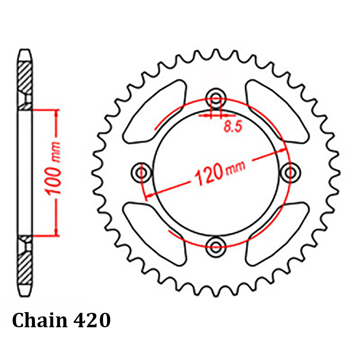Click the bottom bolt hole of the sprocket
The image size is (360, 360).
(x=216, y=247)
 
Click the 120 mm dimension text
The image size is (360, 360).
(x=220, y=172)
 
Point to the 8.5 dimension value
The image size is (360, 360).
(x=233, y=127)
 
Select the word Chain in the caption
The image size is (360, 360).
(x=40, y=320)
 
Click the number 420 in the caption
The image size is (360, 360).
(x=91, y=320)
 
